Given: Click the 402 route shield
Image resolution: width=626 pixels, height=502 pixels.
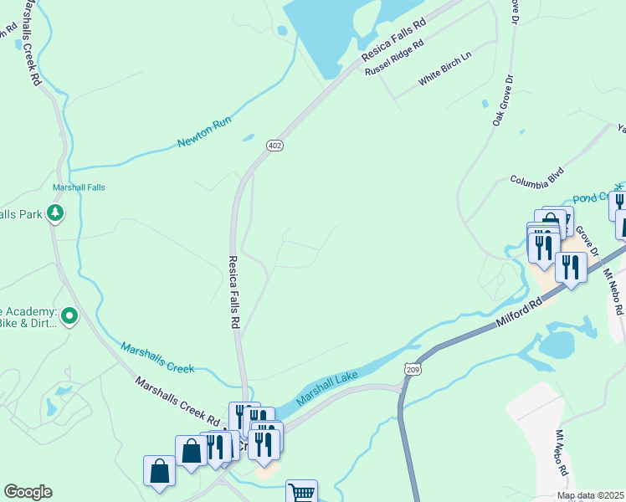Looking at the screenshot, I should coord(275,146).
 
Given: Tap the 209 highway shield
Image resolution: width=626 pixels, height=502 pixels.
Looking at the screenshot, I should coord(411,368).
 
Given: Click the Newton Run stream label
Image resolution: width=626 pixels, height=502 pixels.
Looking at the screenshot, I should coord(203,132).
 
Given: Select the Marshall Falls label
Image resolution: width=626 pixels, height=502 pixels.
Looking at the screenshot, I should coord(79,187).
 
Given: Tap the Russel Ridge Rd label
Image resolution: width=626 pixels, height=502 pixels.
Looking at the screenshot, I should coord(393,58).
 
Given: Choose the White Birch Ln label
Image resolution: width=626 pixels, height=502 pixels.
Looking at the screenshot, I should coord(445,68).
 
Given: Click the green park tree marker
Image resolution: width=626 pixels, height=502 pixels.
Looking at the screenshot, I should coord(55,213).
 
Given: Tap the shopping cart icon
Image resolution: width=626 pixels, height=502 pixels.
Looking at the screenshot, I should coord(301,492).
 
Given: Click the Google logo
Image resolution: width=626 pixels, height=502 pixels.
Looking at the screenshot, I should coord(28,492).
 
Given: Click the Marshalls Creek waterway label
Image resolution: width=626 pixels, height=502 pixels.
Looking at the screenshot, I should coord(157,357).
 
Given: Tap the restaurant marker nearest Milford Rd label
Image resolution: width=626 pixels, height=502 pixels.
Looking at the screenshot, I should coord(571,267).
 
